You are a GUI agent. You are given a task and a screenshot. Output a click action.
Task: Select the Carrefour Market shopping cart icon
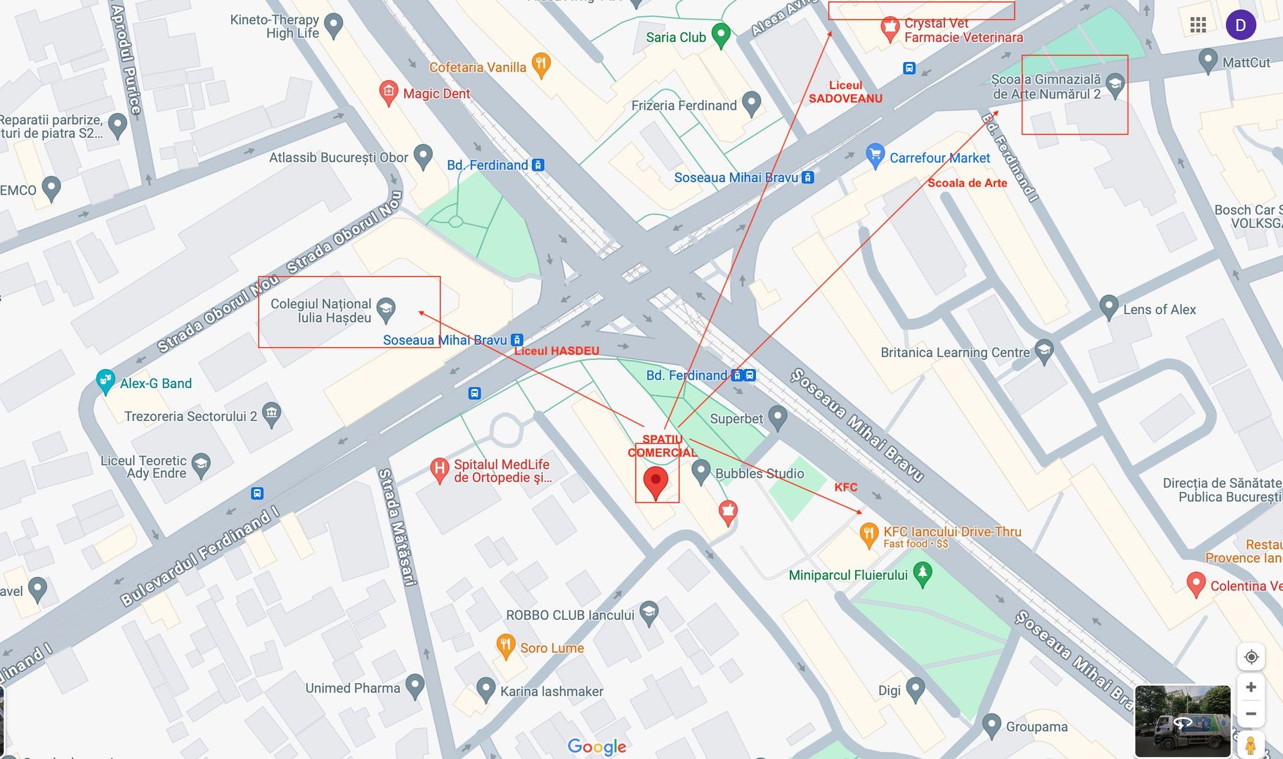pyautogui.click(x=875, y=155)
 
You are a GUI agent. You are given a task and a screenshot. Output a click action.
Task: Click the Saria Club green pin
pyautogui.click(x=721, y=34)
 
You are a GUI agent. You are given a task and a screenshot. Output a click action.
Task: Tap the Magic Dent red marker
pyautogui.click(x=389, y=91)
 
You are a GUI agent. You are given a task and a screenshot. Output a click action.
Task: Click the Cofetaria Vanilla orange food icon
pyautogui.click(x=540, y=65)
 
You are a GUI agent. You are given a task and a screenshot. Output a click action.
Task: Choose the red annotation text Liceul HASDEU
pyautogui.click(x=556, y=351)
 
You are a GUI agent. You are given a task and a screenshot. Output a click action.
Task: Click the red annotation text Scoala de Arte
pyautogui.click(x=967, y=183)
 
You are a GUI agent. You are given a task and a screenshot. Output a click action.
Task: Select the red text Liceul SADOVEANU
pyautogui.click(x=845, y=92)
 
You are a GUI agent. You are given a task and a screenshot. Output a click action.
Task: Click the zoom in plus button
pyautogui.click(x=1251, y=687)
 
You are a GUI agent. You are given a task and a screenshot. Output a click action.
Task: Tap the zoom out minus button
pyautogui.click(x=1251, y=714)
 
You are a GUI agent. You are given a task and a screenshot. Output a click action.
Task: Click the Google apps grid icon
pyautogui.click(x=1198, y=25)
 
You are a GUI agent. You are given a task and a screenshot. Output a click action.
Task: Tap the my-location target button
pyautogui.click(x=1251, y=657)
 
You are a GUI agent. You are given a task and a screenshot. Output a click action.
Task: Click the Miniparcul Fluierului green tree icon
pyautogui.click(x=923, y=573)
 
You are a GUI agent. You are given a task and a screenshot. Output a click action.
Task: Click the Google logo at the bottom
pyautogui.click(x=597, y=746)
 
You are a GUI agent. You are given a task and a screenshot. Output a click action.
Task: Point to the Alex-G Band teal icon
pyautogui.click(x=105, y=381)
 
